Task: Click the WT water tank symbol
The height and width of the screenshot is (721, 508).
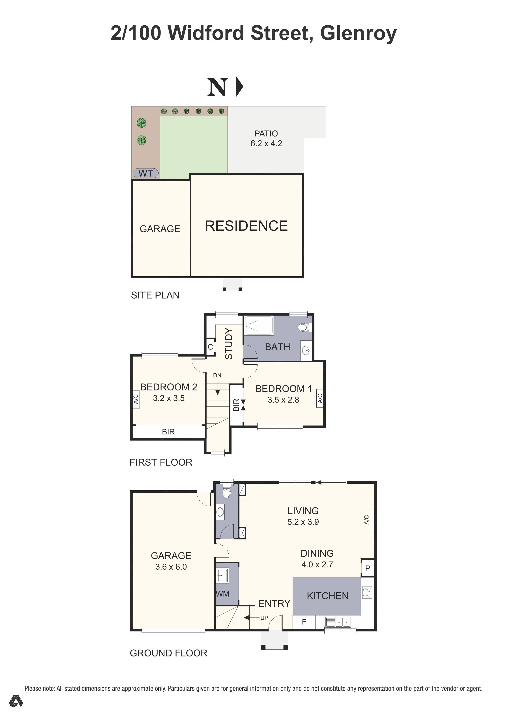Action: [146, 173]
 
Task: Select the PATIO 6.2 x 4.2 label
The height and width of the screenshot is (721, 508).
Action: [266, 138]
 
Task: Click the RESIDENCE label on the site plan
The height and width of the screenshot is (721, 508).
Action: [246, 226]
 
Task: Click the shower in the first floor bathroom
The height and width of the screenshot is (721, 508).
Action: [259, 325]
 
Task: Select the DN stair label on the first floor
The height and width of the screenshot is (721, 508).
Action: [217, 375]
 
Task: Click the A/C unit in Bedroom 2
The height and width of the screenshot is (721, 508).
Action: [136, 399]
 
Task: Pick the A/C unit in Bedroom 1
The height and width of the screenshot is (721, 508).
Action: [320, 398]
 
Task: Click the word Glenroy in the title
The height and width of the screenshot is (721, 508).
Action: [358, 33]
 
